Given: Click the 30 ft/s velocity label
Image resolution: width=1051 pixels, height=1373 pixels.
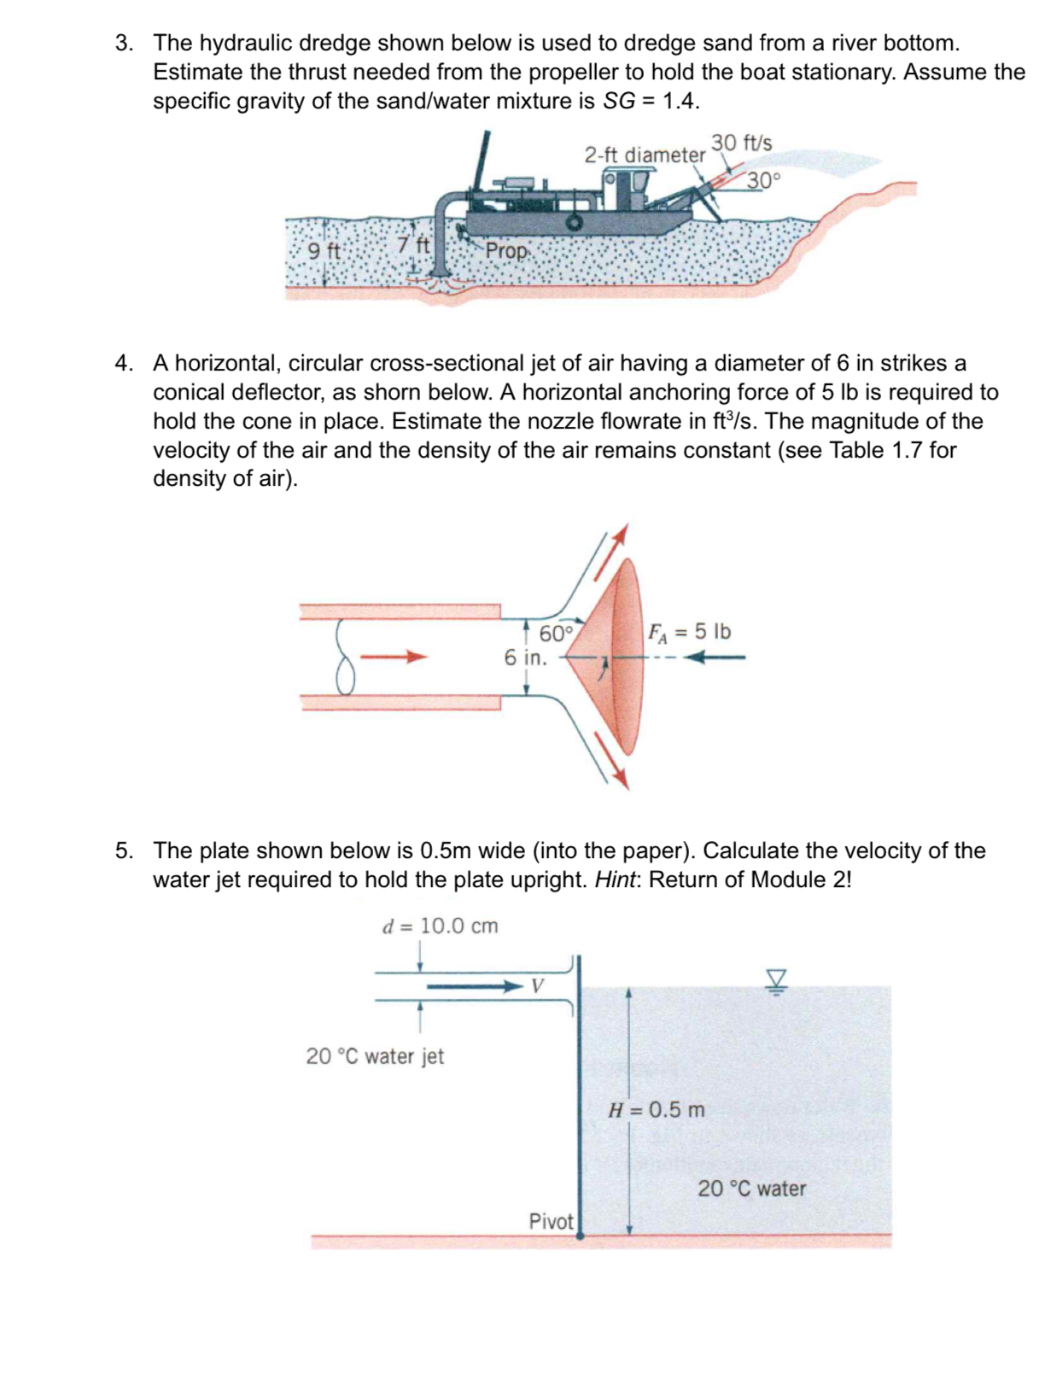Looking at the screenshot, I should tap(741, 143).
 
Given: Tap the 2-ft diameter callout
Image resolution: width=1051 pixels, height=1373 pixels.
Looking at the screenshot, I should tap(645, 155).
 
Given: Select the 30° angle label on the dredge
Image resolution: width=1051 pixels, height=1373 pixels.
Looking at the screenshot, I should tap(763, 181).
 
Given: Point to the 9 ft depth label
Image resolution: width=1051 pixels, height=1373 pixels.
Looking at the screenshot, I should tap(324, 251).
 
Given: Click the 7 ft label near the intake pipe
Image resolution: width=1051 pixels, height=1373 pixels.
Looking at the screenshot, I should tap(417, 244).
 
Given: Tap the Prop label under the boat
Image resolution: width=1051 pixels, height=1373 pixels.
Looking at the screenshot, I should tap(507, 251).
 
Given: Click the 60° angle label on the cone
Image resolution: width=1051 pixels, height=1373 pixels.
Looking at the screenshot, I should tap(555, 634).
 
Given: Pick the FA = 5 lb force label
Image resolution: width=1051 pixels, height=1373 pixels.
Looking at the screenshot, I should tap(689, 632).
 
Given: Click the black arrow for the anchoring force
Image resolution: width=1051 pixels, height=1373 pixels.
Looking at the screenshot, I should tap(715, 657).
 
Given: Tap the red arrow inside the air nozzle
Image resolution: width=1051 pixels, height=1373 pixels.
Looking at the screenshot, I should tap(393, 657).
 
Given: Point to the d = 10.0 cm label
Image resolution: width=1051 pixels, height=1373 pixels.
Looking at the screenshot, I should tap(440, 926).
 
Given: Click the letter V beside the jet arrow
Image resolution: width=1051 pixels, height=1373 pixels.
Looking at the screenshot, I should tap(537, 986).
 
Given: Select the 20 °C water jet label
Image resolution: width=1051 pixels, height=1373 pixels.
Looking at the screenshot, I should tap(375, 1056).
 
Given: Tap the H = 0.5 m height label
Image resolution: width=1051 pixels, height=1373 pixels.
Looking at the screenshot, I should tap(656, 1110).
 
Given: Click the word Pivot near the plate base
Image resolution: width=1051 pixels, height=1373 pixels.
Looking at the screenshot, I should tap(551, 1221).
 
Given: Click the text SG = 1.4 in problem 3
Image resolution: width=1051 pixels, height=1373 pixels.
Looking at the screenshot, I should tap(651, 102).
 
